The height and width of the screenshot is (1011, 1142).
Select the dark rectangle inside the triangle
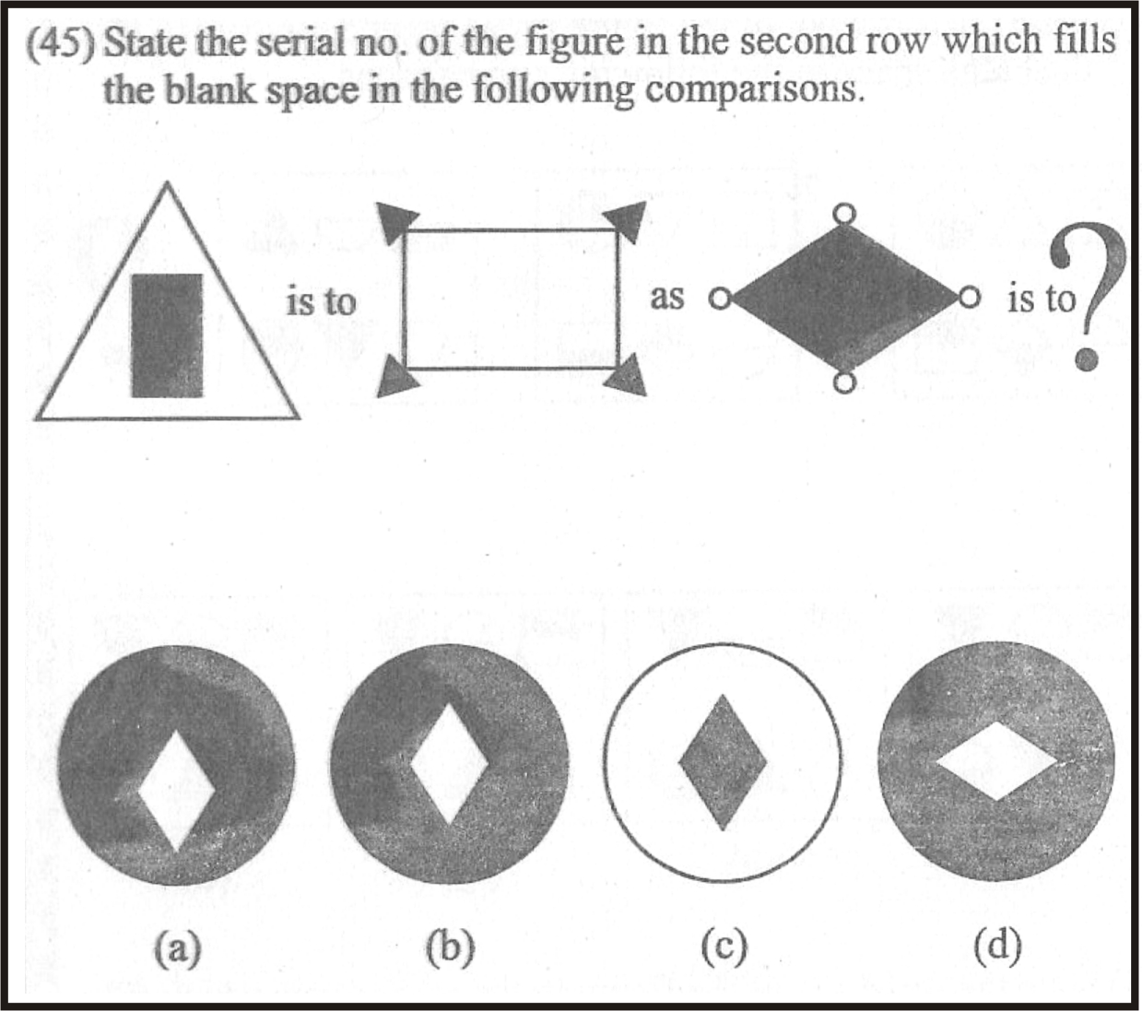coord(167,335)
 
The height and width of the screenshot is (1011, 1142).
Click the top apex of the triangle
coord(167,182)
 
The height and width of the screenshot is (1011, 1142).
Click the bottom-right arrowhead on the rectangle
coord(626,375)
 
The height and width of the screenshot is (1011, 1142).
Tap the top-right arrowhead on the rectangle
coord(627,221)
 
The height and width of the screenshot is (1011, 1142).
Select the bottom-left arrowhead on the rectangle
coord(397,376)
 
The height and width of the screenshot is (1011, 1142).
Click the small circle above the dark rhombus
coord(844,213)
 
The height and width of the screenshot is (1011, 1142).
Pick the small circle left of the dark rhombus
coord(720,299)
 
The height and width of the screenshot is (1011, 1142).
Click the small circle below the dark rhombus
coord(843,382)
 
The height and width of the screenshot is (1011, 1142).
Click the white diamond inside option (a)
coord(176,792)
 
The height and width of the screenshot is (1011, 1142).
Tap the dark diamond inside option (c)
coord(723,762)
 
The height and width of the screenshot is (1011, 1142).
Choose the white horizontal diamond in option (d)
coord(996,761)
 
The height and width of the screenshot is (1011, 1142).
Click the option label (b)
coord(450,948)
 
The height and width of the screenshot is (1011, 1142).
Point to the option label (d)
coord(997,946)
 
